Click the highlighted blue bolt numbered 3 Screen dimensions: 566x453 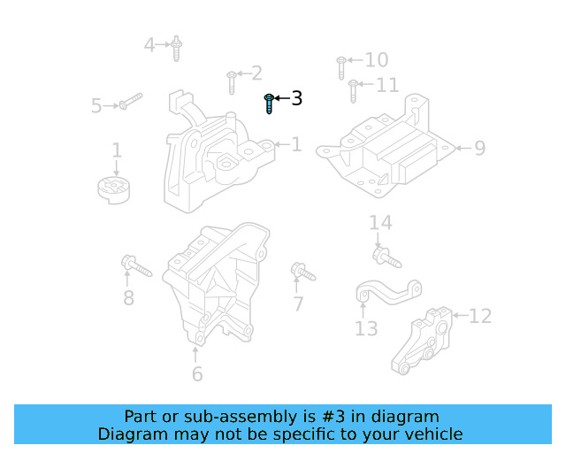pyautogui.click(x=270, y=104)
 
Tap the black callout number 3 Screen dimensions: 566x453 pyautogui.click(x=296, y=98)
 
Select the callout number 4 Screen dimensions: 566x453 pyautogui.click(x=149, y=43)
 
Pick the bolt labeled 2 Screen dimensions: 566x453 pyautogui.click(x=231, y=81)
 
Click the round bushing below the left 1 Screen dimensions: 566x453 pyautogui.click(x=113, y=188)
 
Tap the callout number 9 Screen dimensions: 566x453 pyautogui.click(x=479, y=148)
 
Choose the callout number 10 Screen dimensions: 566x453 pyautogui.click(x=377, y=60)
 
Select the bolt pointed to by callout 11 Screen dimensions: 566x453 pyautogui.click(x=353, y=90)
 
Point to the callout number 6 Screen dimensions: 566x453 pyautogui.click(x=196, y=374)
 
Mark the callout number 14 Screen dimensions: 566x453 pyautogui.click(x=380, y=223)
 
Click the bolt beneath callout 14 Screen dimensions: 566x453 pyautogui.click(x=386, y=258)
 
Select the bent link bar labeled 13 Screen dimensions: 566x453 pyautogui.click(x=387, y=291)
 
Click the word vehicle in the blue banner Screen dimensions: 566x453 pyautogui.click(x=432, y=434)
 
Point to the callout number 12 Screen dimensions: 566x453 pyautogui.click(x=479, y=316)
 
